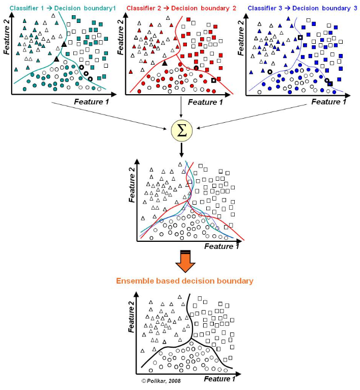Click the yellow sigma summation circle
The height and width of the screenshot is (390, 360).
pos(182,130)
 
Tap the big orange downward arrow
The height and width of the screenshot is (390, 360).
pos(185,261)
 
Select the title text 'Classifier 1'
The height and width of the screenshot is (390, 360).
pos(26,8)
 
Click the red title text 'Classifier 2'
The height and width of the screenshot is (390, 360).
pos(144,8)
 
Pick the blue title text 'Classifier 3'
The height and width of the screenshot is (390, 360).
pos(265,8)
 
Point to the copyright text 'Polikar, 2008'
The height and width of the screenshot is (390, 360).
pos(163,381)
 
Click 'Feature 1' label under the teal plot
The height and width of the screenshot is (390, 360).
pos(92,102)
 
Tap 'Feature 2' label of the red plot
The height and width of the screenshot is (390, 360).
pos(121,37)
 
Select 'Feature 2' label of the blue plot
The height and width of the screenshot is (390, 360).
pos(241,38)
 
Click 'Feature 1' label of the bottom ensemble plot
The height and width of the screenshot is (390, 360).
pos(219,379)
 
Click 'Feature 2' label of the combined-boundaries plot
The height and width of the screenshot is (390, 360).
pos(132,184)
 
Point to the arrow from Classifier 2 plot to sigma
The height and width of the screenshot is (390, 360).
pos(181,107)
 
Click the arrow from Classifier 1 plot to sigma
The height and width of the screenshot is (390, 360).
pos(109,116)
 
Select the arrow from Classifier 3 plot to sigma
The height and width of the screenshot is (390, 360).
pos(252,117)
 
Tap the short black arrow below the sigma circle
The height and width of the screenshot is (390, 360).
pos(181,150)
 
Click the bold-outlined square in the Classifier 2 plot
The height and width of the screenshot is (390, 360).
pos(213,80)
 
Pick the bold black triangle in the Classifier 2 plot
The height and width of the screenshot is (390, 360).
pos(164,63)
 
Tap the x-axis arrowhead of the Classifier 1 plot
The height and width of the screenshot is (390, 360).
pos(114,94)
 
